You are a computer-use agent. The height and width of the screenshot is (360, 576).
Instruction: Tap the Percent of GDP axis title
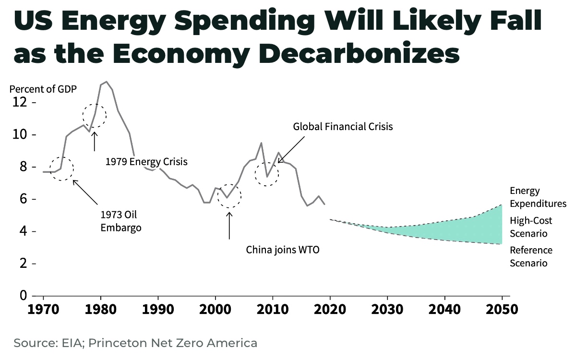click(x=43, y=89)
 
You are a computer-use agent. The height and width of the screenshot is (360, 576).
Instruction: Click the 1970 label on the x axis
click(x=43, y=309)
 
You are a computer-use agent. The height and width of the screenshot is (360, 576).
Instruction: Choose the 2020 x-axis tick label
click(x=330, y=309)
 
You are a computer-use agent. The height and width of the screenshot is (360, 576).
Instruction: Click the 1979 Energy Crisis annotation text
click(x=146, y=162)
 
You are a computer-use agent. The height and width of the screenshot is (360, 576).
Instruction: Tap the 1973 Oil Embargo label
click(x=121, y=221)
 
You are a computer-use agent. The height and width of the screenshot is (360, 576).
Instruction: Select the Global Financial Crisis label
click(x=343, y=127)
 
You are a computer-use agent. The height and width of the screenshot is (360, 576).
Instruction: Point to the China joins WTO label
click(x=283, y=250)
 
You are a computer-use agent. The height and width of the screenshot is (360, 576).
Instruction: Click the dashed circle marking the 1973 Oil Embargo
click(x=62, y=168)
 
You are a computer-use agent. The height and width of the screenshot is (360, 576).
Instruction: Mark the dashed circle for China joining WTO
click(x=229, y=195)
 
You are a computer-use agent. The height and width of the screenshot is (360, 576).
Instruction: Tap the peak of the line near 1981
click(x=106, y=82)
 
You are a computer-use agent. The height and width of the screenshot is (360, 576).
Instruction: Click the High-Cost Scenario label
click(x=531, y=227)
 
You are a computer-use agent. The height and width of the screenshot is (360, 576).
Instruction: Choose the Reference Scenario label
click(x=531, y=257)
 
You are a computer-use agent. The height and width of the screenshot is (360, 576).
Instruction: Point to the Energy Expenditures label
click(x=538, y=197)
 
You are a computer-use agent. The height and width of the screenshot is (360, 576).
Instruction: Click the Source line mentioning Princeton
click(x=135, y=343)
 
